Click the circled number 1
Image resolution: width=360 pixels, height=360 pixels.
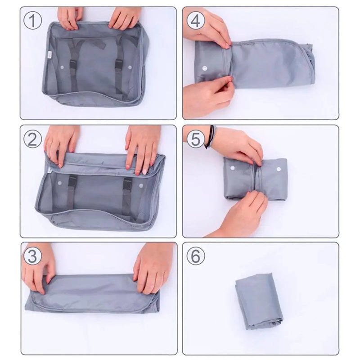pos(33,21)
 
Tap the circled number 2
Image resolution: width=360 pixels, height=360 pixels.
pos(33,139)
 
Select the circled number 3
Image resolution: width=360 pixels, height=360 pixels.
pos(33,256)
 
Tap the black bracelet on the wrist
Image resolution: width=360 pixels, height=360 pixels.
pos(210,137)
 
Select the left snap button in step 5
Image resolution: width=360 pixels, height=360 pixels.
pos(233,168)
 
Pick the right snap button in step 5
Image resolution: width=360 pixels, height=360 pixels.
pos(279,170)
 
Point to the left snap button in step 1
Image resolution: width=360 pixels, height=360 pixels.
pos(62,67)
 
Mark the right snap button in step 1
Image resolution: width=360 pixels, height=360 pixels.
pos(130,67)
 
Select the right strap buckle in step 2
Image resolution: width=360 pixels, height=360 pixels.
pos(128,183)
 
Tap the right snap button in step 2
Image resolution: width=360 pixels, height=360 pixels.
pos(141,185)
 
